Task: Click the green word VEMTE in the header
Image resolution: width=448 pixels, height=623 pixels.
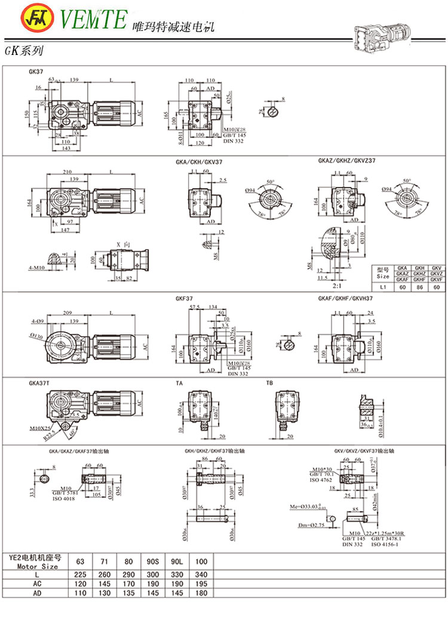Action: pos(93,20)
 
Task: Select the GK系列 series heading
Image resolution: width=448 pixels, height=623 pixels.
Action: pos(23,52)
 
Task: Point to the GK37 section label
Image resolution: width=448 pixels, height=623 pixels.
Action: pos(36,72)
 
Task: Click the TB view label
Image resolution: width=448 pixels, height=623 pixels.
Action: pos(270,382)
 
